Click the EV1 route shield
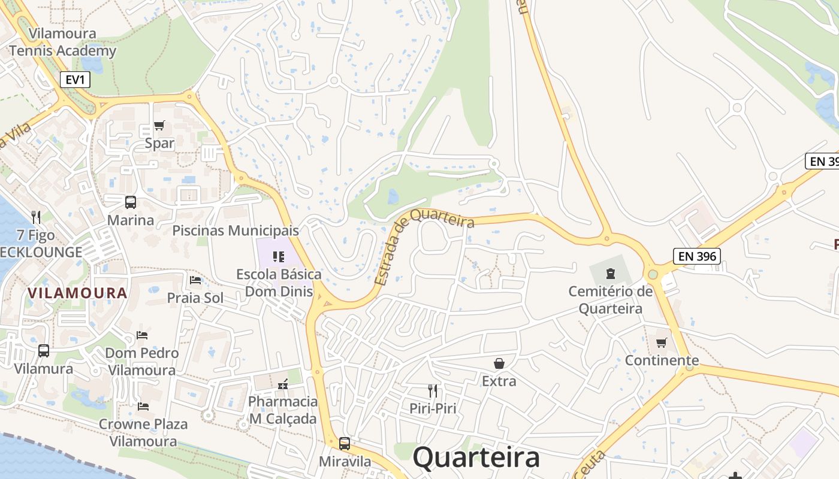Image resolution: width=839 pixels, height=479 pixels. point(75,80)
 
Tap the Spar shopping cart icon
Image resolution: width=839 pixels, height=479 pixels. point(159,126)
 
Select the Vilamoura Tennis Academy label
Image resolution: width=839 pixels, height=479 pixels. point(62,42)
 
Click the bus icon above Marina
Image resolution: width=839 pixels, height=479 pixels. point(130,202)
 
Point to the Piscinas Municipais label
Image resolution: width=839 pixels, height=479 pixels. point(235,231)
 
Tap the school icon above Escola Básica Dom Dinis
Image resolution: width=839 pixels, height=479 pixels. point(278,257)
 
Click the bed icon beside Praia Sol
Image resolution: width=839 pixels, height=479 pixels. point(195,280)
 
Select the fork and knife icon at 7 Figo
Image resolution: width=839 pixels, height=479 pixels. point(36,217)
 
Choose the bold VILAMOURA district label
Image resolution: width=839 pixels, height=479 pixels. point(77,293)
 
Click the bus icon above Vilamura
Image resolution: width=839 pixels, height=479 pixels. point(44,351)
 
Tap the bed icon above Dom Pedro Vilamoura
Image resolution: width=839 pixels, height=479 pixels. point(142,335)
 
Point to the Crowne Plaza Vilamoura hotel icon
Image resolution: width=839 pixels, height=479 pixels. point(143,407)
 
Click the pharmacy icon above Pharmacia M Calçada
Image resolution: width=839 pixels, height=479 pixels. point(282,384)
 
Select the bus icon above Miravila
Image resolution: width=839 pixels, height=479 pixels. point(345,444)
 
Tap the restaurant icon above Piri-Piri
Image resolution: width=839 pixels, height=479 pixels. point(433,391)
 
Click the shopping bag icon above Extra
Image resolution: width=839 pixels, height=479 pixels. point(499,363)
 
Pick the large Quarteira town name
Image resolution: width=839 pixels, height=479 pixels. point(476,458)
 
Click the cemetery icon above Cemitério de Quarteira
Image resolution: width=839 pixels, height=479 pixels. point(610,274)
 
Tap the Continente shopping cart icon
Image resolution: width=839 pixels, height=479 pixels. point(662,342)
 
